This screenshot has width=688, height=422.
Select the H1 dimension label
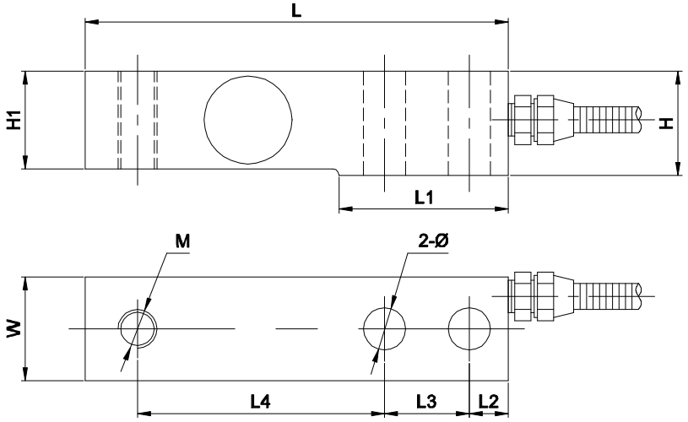14,121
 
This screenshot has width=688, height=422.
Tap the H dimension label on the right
666,123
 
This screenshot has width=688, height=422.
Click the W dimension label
14,328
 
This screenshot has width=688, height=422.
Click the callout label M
182,241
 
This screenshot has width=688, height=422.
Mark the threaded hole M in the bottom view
137,327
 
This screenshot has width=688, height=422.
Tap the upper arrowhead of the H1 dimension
25,77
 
